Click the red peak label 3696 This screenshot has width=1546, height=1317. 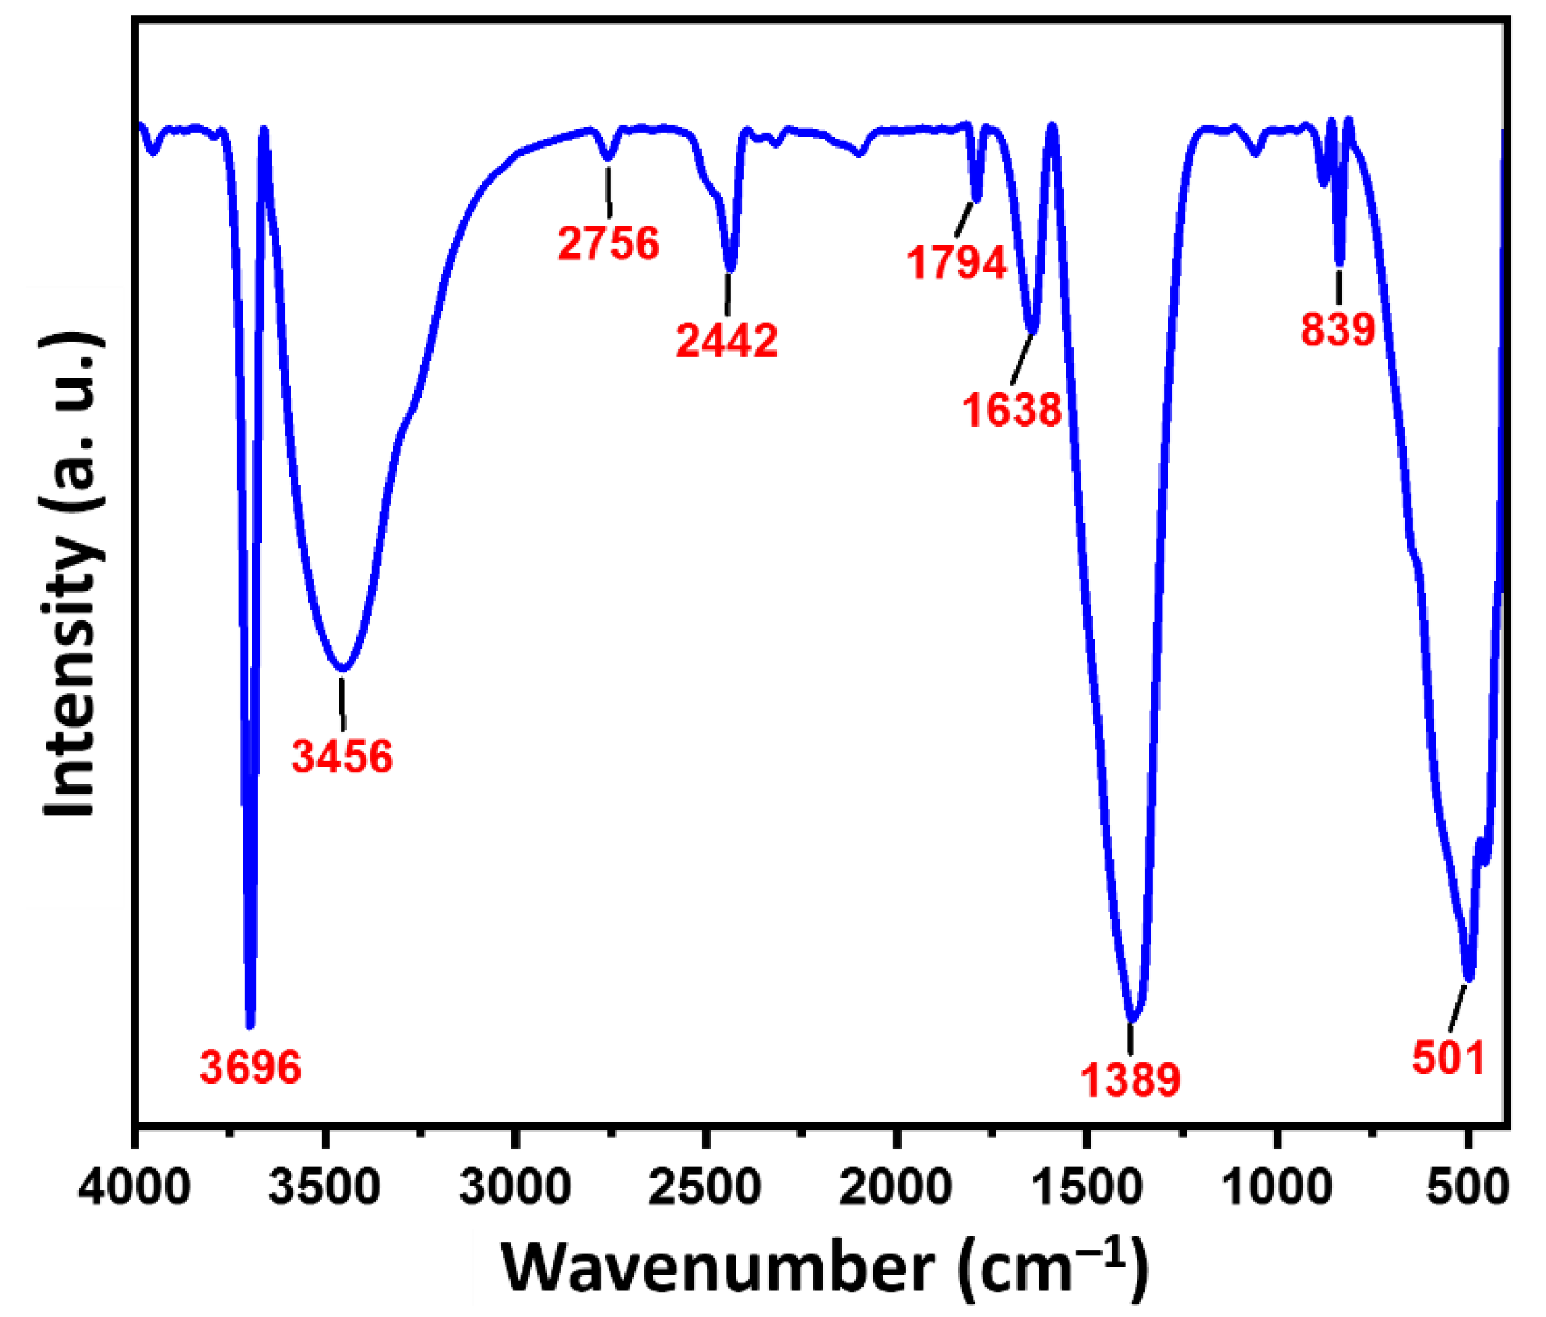(x=250, y=1068)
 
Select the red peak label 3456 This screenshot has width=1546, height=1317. (x=342, y=757)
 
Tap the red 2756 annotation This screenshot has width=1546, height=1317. (x=609, y=243)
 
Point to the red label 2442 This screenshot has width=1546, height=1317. (x=727, y=341)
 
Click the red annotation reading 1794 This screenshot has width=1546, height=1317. (x=958, y=262)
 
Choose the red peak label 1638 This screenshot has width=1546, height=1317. (x=1012, y=410)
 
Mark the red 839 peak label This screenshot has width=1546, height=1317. (x=1338, y=329)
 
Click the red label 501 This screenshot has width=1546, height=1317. (x=1448, y=1058)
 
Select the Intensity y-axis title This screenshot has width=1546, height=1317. (x=71, y=574)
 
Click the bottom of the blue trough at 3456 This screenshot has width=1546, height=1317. (x=342, y=668)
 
